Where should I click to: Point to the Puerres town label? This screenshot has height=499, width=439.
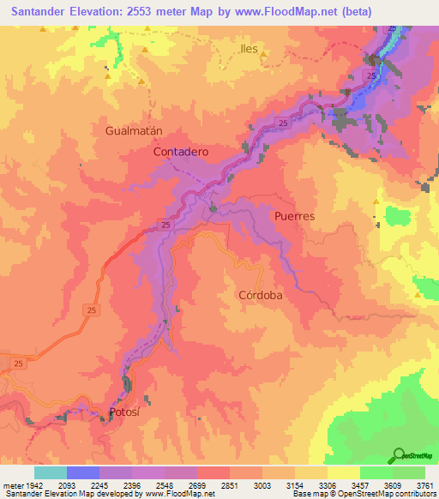295,216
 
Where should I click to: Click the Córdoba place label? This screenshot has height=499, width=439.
260,294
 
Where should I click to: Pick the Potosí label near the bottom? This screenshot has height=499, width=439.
125,412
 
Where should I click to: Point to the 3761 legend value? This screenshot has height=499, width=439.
424,485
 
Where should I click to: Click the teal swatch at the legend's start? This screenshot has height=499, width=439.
50,472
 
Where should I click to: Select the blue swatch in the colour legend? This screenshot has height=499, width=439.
83,472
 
